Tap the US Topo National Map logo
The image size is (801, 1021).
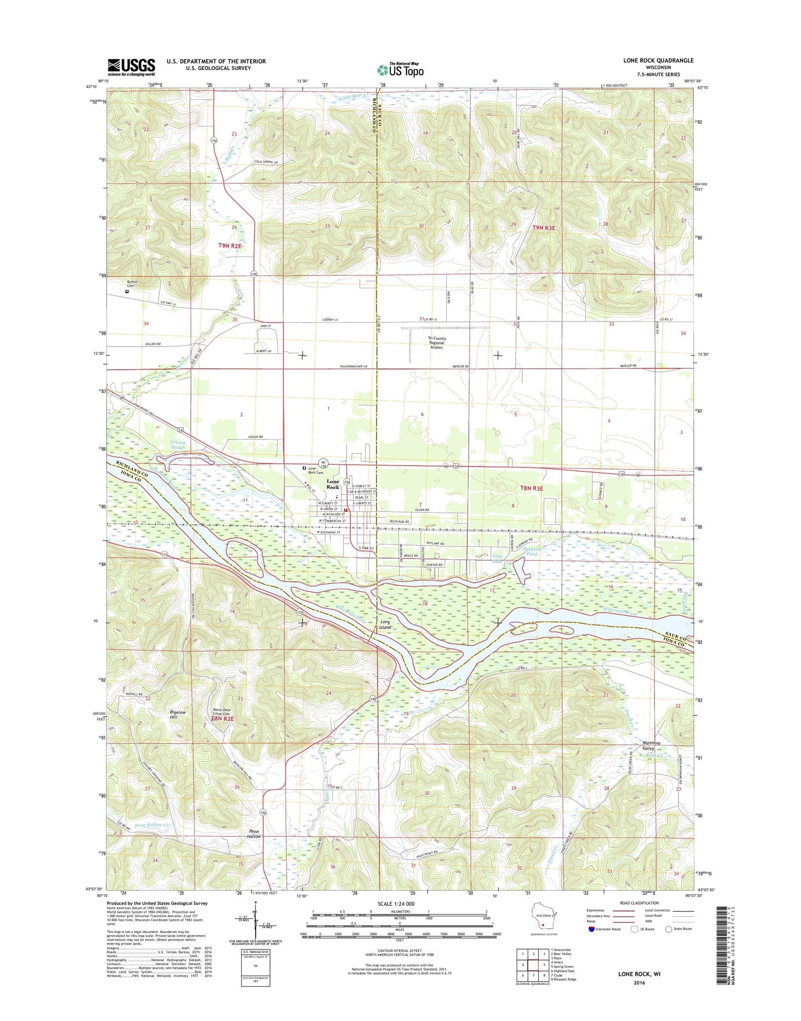401,69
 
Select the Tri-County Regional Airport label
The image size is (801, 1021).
436,343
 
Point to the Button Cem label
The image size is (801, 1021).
131,284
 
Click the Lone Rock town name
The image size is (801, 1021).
333,484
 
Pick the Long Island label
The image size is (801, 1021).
385,625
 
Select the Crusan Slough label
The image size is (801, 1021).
178,444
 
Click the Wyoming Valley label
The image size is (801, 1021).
651,746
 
